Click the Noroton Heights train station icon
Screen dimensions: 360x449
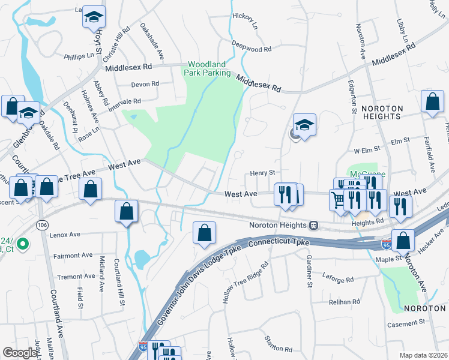click(313, 226)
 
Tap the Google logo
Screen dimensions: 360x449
click(20, 353)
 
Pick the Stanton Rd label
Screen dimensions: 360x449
click(279, 344)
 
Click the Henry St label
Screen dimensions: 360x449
click(262, 173)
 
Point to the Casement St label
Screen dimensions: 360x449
click(405, 323)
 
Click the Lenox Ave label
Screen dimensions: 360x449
click(65, 235)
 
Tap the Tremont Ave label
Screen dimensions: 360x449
click(76, 277)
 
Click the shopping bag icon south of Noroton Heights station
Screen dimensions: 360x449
click(204, 233)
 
